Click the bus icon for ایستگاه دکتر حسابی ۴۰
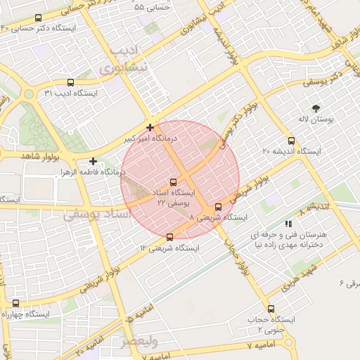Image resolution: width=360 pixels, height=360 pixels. pyautogui.click(x=37, y=18)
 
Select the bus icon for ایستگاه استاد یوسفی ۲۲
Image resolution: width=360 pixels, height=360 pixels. pyautogui.click(x=174, y=183)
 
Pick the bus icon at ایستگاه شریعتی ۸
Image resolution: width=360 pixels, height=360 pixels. pyautogui.click(x=218, y=207)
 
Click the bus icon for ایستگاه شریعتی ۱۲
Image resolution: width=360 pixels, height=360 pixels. pyautogui.click(x=169, y=238)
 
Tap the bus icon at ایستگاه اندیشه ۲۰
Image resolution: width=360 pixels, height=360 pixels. pyautogui.click(x=292, y=141)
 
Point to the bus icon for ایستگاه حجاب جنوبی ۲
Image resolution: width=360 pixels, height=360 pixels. pyautogui.click(x=271, y=309)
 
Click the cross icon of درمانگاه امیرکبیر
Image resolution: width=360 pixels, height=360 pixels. pyautogui.click(x=150, y=127)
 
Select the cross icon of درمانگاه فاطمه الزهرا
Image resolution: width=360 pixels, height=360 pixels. pyautogui.click(x=93, y=161)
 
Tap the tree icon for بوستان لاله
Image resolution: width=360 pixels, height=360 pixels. pyautogui.click(x=315, y=108)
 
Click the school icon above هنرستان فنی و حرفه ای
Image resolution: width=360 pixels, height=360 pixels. pyautogui.click(x=288, y=223)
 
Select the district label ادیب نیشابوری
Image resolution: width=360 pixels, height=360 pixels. pyautogui.click(x=131, y=62)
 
